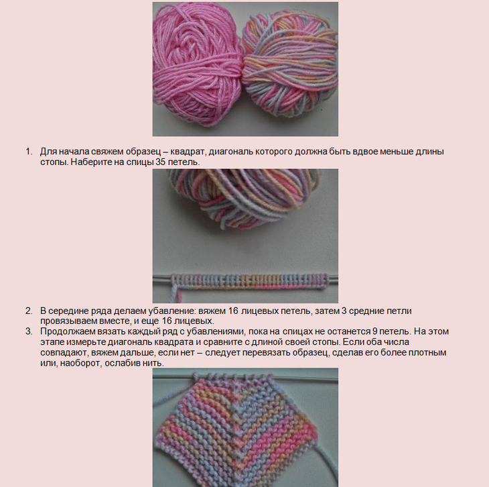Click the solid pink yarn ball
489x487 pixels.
point(197,66)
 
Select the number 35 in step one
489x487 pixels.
point(159,162)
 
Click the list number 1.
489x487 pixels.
point(29,152)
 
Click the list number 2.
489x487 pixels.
point(29,311)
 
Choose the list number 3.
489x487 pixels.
point(29,331)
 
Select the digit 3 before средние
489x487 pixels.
point(344,311)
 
